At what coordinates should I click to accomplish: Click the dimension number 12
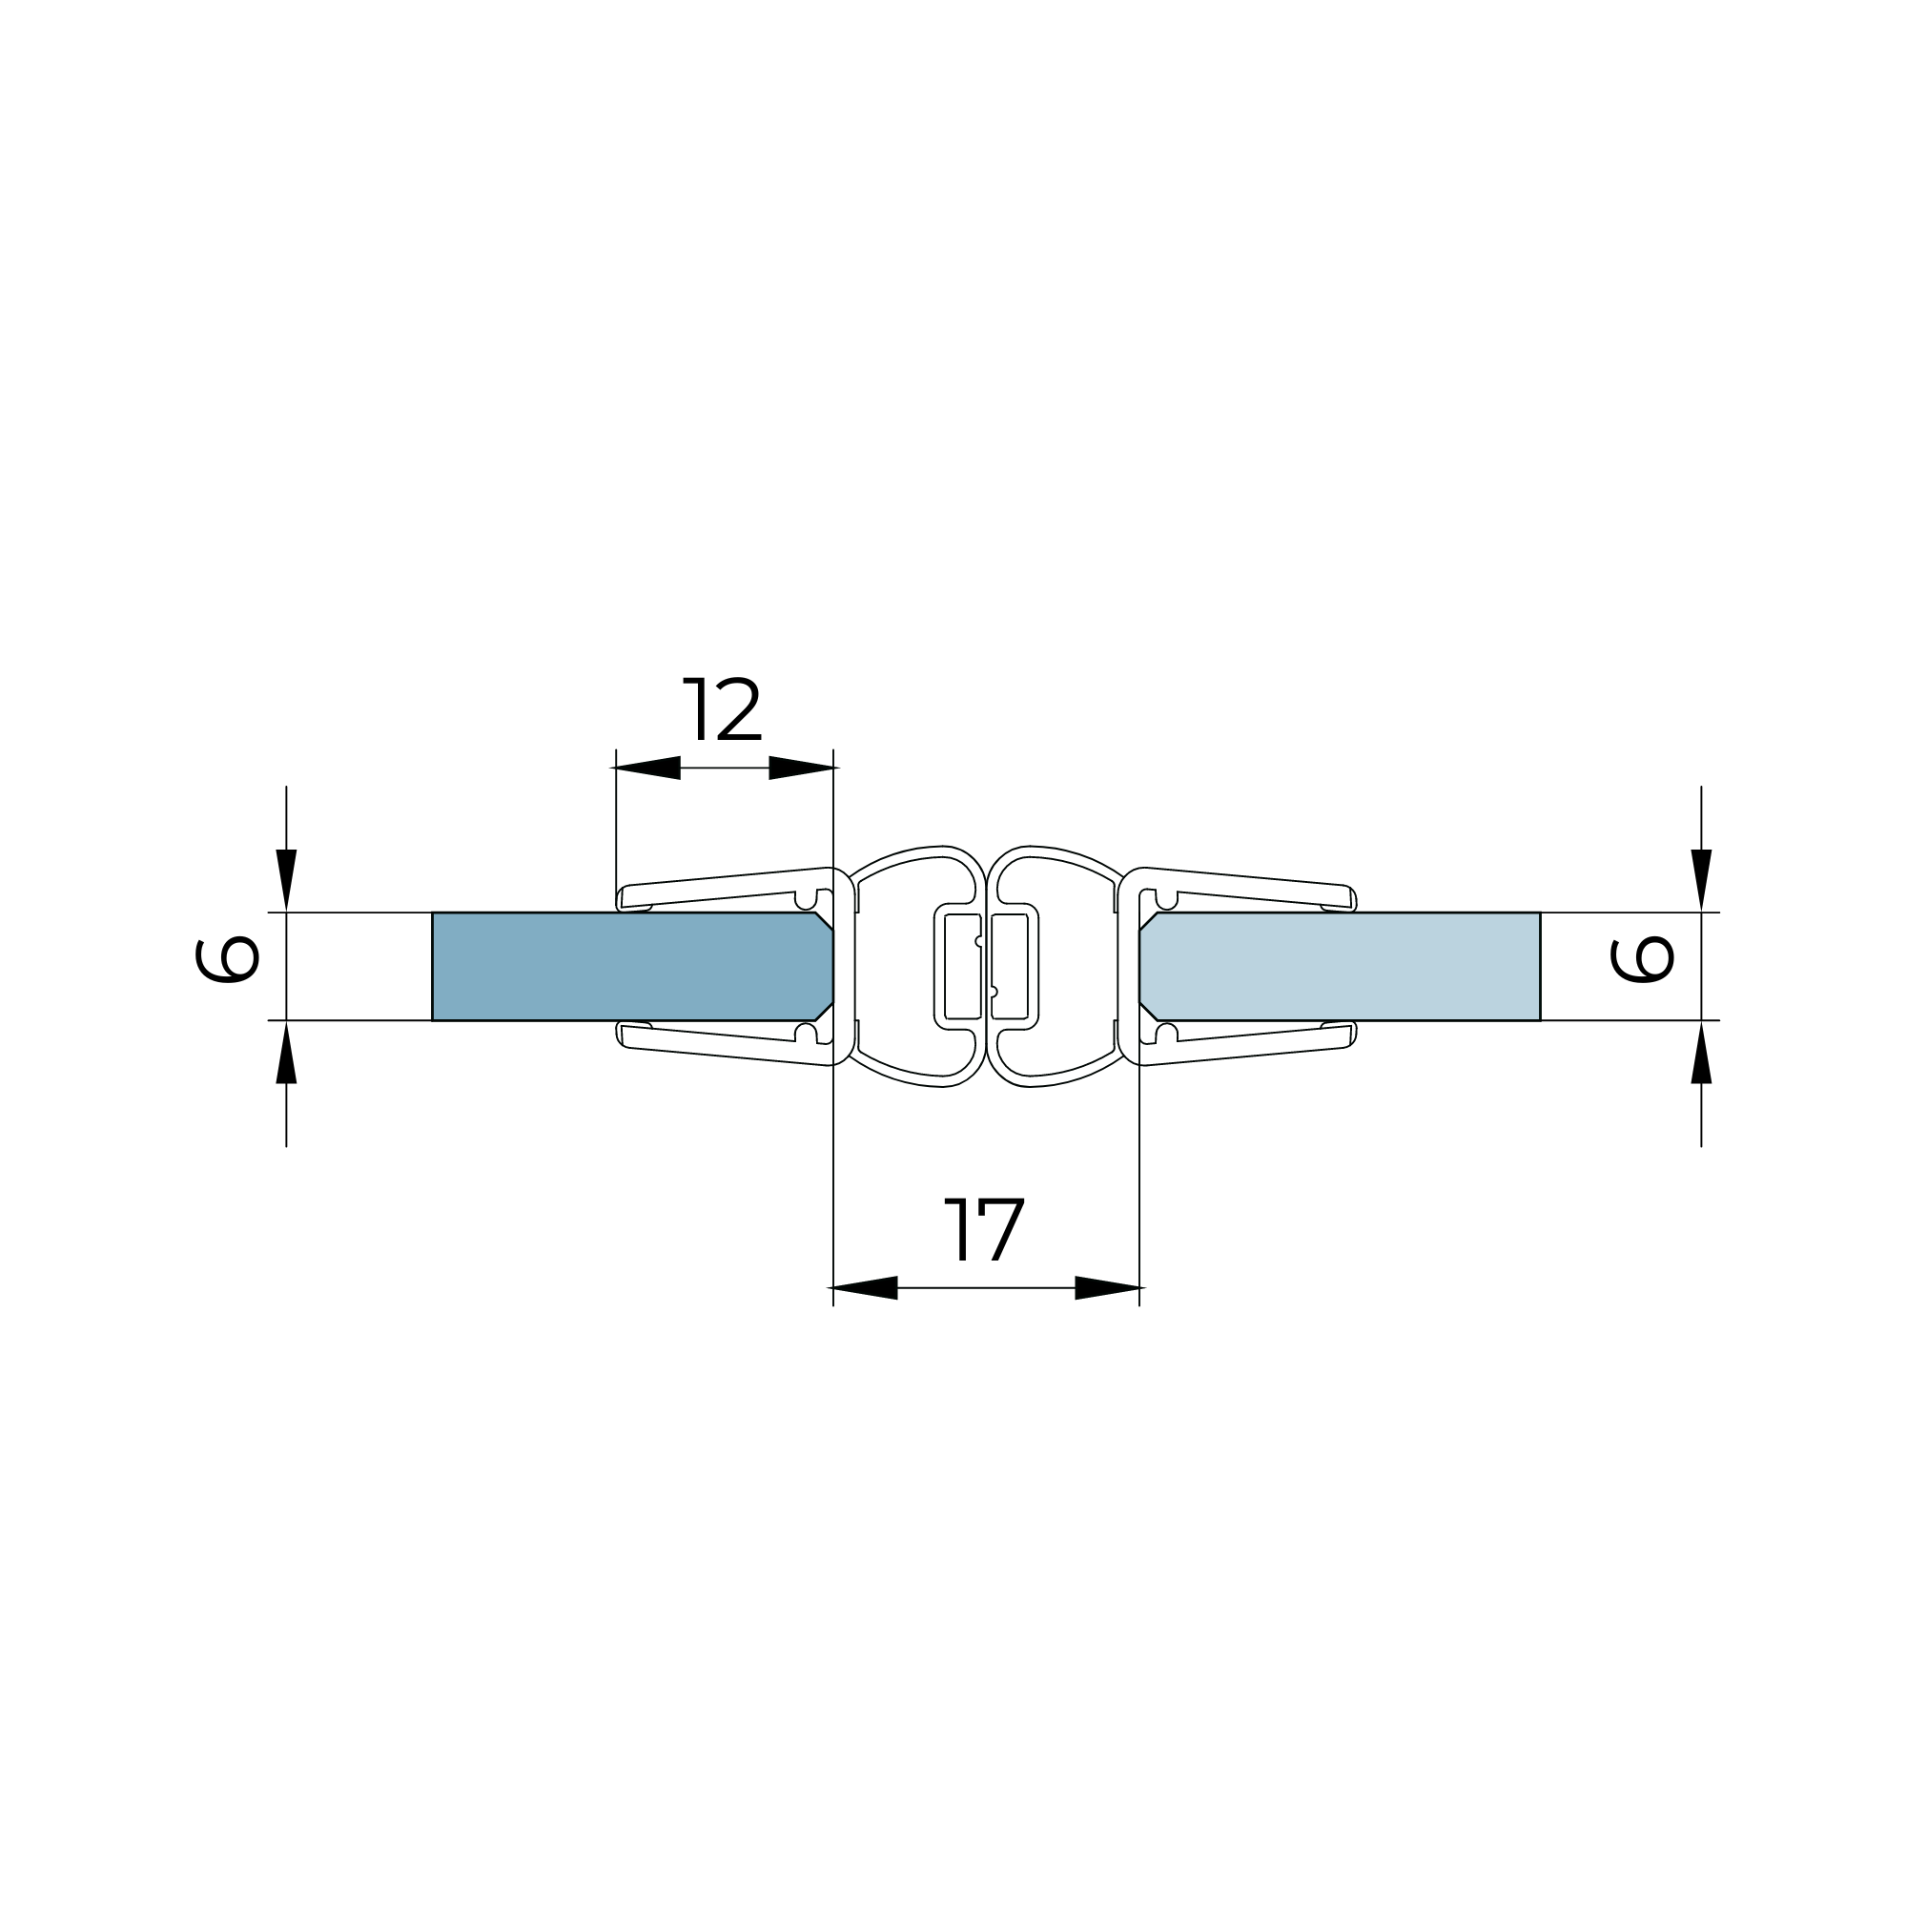click(x=722, y=708)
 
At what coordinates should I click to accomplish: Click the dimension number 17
click(x=984, y=1230)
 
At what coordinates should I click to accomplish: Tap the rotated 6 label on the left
click(x=227, y=960)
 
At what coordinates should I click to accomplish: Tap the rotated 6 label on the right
click(x=1643, y=960)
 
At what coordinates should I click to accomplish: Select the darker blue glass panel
click(x=632, y=966)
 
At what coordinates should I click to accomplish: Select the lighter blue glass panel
click(x=1340, y=966)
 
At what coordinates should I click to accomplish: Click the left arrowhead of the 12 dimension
click(x=646, y=768)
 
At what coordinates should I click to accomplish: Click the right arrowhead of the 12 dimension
click(x=804, y=768)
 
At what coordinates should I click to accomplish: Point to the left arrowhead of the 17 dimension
click(x=863, y=1288)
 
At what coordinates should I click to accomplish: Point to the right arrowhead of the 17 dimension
click(x=1110, y=1288)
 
